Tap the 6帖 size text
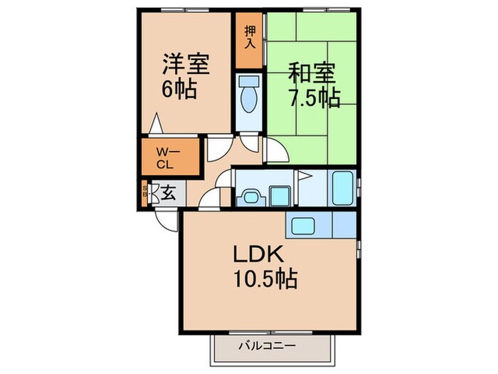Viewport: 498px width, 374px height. [179, 91]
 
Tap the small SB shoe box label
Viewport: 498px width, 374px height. [146, 192]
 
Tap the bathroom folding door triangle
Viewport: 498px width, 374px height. [304, 175]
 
